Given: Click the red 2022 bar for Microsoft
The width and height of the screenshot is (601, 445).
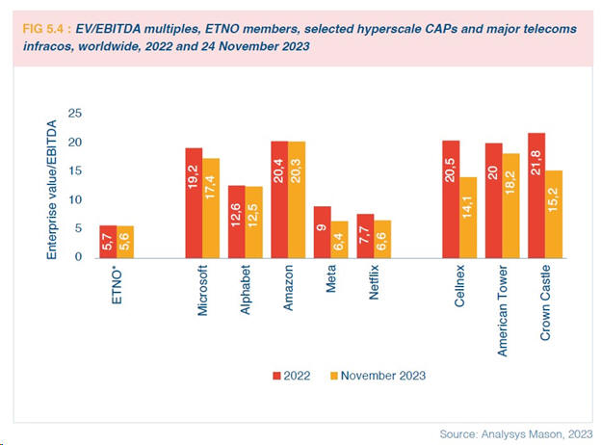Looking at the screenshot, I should tap(194, 202).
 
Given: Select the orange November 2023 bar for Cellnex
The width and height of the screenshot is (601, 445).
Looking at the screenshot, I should tap(469, 217).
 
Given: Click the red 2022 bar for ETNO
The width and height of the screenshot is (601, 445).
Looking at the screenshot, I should tap(110, 241).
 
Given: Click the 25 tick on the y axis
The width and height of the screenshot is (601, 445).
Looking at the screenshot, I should tap(77, 114).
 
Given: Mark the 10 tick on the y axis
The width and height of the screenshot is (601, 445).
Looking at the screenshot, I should tap(77, 199).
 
